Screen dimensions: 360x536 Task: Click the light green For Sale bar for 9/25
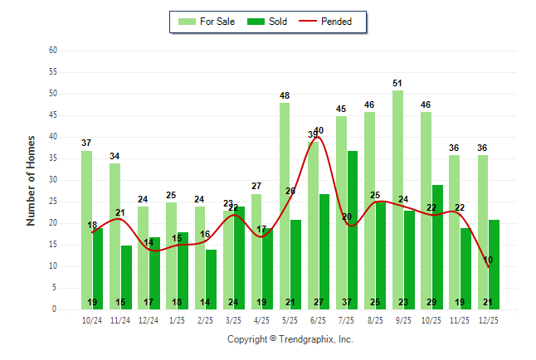[397, 199]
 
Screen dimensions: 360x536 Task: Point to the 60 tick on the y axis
[53, 51]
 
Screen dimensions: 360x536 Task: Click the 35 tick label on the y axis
[53, 158]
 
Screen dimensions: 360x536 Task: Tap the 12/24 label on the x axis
[149, 319]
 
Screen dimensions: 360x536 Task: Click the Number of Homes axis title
[31, 180]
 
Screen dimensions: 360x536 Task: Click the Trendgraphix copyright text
[290, 339]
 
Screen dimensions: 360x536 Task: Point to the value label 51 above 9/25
[397, 83]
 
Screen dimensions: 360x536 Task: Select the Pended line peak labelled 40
[319, 131]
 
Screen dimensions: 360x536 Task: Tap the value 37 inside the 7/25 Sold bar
[353, 302]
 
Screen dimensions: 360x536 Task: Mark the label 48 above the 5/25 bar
[285, 96]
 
